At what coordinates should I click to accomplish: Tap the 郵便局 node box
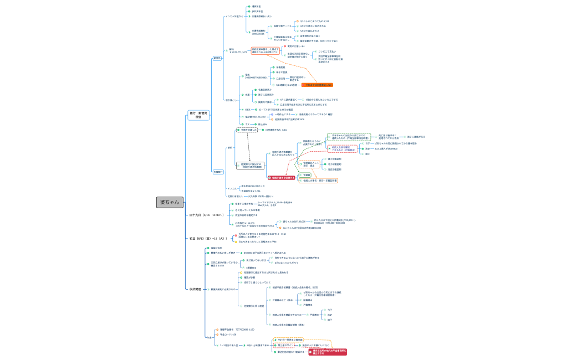pyautogui.click(x=217, y=58)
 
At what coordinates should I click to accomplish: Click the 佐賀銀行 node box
pyautogui.click(x=218, y=172)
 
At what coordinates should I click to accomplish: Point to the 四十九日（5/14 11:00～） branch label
pyautogui.click(x=206, y=215)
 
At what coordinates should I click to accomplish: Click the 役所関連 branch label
pyautogui.click(x=195, y=289)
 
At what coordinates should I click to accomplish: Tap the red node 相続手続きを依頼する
pyautogui.click(x=282, y=178)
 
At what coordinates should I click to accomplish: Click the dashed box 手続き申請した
pyautogui.click(x=246, y=130)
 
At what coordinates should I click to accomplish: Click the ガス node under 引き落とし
pyautogui.click(x=247, y=124)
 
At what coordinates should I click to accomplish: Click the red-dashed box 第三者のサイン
pyautogui.click(x=285, y=344)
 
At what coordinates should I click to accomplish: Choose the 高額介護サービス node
pyautogui.click(x=283, y=26)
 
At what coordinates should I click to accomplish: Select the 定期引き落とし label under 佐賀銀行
pyautogui.click(x=235, y=196)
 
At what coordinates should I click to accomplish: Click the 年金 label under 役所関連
pyautogui.click(x=209, y=337)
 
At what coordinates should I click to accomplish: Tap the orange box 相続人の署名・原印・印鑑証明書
pyautogui.click(x=320, y=181)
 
